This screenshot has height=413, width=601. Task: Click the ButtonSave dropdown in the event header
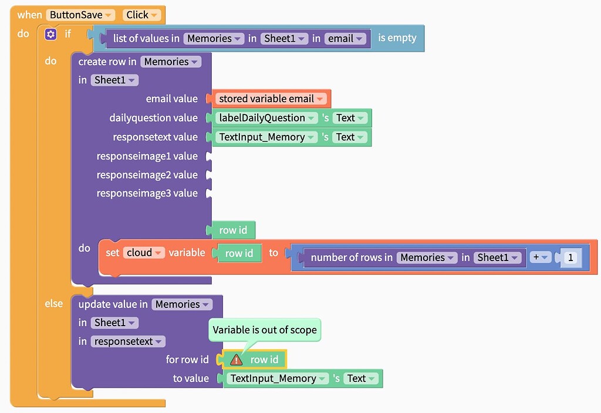(x=80, y=15)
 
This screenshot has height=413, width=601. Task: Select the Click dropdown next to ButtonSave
(x=141, y=15)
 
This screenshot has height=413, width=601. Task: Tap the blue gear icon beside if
(x=50, y=35)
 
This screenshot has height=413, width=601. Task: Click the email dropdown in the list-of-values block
(x=345, y=39)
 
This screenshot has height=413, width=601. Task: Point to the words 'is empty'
(x=397, y=38)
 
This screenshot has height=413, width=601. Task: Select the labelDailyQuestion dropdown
(x=266, y=118)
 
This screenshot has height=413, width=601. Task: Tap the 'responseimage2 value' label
(x=147, y=175)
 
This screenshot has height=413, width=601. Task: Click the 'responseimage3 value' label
(x=147, y=193)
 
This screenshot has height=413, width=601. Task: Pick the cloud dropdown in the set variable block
(x=143, y=253)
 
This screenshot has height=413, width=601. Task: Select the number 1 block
(x=570, y=258)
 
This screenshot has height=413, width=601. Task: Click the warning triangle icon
(x=236, y=360)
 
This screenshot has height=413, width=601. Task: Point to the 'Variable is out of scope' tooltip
(x=265, y=330)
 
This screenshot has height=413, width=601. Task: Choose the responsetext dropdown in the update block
(x=128, y=341)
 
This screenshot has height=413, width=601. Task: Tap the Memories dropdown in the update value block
(x=181, y=304)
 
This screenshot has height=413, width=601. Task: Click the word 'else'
(x=53, y=304)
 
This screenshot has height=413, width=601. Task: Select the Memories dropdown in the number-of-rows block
(x=427, y=258)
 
